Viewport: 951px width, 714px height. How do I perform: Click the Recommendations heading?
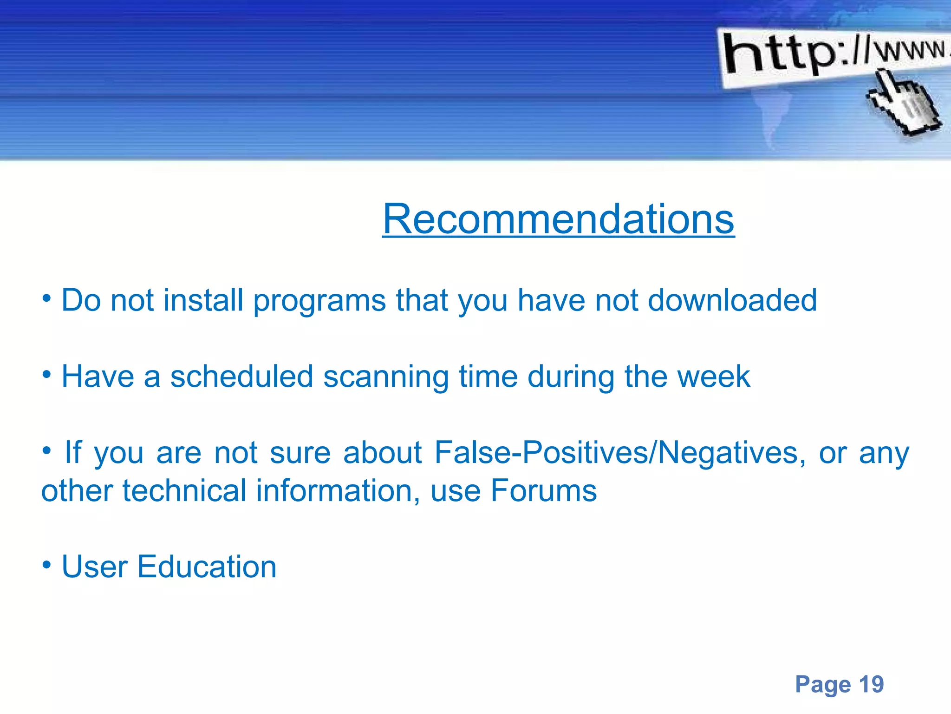click(558, 219)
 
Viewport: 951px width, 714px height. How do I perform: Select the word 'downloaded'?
click(732, 300)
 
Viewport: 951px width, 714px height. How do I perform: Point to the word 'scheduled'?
click(241, 377)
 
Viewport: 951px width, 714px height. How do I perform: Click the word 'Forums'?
click(544, 491)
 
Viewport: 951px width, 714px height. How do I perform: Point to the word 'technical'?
click(184, 491)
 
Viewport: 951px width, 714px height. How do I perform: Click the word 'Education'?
click(207, 567)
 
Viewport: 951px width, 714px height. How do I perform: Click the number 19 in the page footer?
click(871, 684)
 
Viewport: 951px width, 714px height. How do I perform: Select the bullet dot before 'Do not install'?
click(46, 298)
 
